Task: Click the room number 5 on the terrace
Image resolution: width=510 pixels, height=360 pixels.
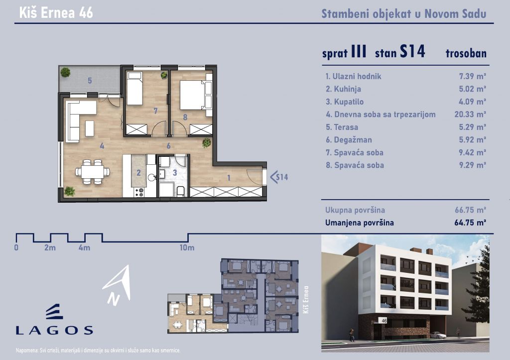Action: pyautogui.click(x=90, y=80)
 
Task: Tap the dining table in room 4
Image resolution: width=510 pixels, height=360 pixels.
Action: pyautogui.click(x=93, y=171)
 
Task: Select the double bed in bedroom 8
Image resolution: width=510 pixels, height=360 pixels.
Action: pyautogui.click(x=193, y=95)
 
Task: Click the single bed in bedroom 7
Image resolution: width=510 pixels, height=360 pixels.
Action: pyautogui.click(x=134, y=88)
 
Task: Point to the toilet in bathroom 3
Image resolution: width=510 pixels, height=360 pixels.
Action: pyautogui.click(x=181, y=191)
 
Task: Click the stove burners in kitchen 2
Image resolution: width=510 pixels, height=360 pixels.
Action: pyautogui.click(x=139, y=192)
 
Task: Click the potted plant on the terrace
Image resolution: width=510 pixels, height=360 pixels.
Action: pyautogui.click(x=65, y=72)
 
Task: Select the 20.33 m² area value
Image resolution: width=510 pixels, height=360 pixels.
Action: pyautogui.click(x=470, y=115)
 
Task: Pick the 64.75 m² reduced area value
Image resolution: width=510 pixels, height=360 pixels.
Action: pyautogui.click(x=470, y=223)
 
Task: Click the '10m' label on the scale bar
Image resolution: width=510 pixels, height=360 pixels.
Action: pyautogui.click(x=187, y=248)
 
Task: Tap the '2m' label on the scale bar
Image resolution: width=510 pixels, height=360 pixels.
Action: pyautogui.click(x=50, y=248)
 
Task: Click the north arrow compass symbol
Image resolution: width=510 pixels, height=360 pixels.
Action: pyautogui.click(x=117, y=284)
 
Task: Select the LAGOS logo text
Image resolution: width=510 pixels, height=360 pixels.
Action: pyautogui.click(x=54, y=331)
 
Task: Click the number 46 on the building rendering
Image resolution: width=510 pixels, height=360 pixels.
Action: pyautogui.click(x=384, y=321)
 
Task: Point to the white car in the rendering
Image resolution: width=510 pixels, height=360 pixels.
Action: pyautogui.click(x=437, y=335)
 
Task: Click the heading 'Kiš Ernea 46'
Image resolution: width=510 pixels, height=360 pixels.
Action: pyautogui.click(x=56, y=12)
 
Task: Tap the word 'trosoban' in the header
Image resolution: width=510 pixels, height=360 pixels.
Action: pyautogui.click(x=466, y=53)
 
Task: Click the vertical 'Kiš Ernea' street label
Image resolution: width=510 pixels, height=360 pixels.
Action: pyautogui.click(x=305, y=300)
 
